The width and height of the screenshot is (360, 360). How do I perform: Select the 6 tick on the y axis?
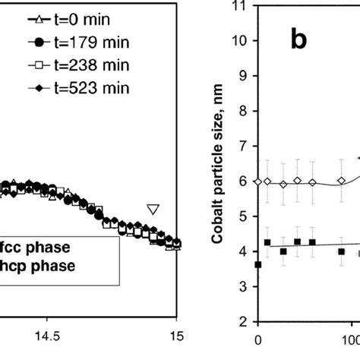[x=244, y=182]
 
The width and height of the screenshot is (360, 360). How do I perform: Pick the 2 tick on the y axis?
[x=244, y=321]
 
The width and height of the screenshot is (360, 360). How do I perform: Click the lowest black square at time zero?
[x=258, y=264]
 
